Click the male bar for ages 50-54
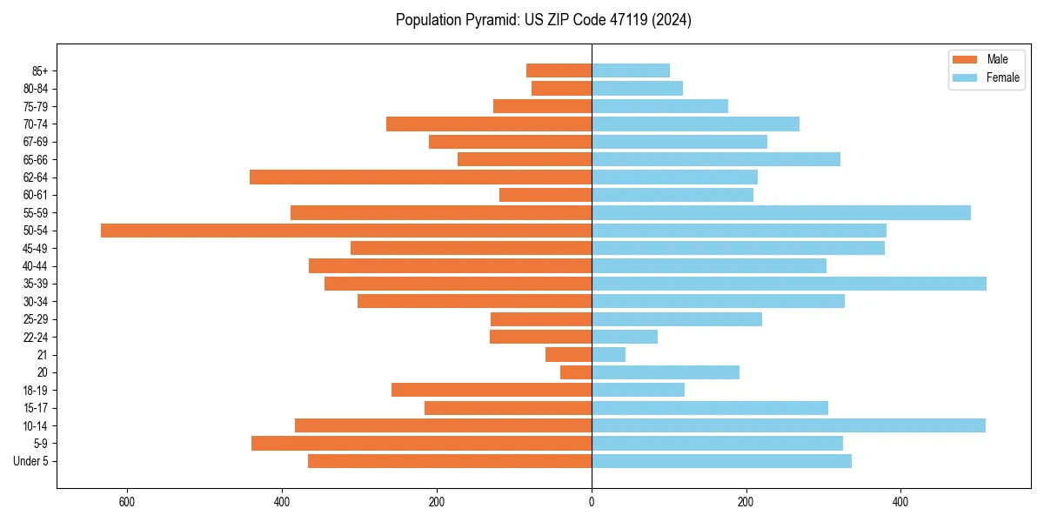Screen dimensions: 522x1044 pyautogui.click(x=346, y=231)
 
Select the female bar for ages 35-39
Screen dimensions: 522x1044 pyautogui.click(x=789, y=284)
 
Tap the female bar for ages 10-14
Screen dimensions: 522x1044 pyautogui.click(x=788, y=425)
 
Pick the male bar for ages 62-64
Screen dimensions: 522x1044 pyautogui.click(x=420, y=177)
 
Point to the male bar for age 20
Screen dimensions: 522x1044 pyautogui.click(x=576, y=372)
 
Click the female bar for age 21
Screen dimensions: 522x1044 pyautogui.click(x=608, y=354)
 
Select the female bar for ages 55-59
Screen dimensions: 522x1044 pyautogui.click(x=781, y=213)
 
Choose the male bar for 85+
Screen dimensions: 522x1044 pyautogui.click(x=559, y=70)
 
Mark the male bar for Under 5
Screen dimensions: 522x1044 pyautogui.click(x=450, y=461)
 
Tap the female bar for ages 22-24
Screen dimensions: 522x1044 pyautogui.click(x=625, y=337)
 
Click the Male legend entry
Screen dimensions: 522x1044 pyautogui.click(x=997, y=59)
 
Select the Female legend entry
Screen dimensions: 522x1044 pyautogui.click(x=1002, y=77)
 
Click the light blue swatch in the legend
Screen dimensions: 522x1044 pyautogui.click(x=965, y=77)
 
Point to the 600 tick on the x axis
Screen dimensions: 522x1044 pyautogui.click(x=127, y=502)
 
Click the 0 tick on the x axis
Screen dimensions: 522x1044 pyautogui.click(x=592, y=502)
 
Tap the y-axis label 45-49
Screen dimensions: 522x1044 pyautogui.click(x=35, y=248)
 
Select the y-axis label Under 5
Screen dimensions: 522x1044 pyautogui.click(x=31, y=461)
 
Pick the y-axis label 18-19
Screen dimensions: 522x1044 pyautogui.click(x=35, y=390)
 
